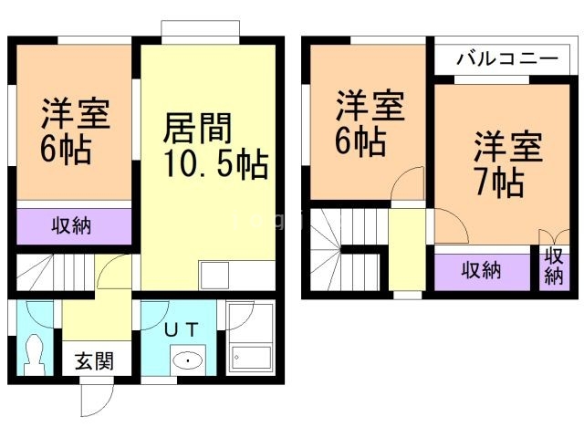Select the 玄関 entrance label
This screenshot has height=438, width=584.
coord(93,361)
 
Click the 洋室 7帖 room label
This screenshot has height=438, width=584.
coord(500,164)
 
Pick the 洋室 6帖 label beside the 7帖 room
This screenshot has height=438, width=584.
coord(360,124)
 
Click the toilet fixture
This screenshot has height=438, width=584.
coord(36,353)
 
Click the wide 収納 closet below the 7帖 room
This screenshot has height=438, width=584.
coord(481,270)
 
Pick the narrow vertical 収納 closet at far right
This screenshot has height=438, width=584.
coord(554,267)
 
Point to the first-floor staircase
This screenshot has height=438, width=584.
coord(55,272)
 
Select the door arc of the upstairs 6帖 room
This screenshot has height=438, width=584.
coord(408,182)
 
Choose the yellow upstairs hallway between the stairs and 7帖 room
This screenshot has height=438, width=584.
coord(408,251)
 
